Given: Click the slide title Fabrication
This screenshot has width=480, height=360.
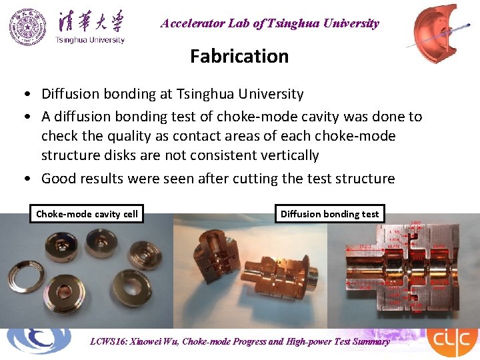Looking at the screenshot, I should click(239, 56).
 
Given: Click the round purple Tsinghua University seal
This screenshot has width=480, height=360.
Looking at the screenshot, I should click(28, 27).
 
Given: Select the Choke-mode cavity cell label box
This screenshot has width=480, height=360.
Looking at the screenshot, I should click(87, 214).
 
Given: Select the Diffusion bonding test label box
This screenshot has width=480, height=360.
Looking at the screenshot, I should click(329, 214).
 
